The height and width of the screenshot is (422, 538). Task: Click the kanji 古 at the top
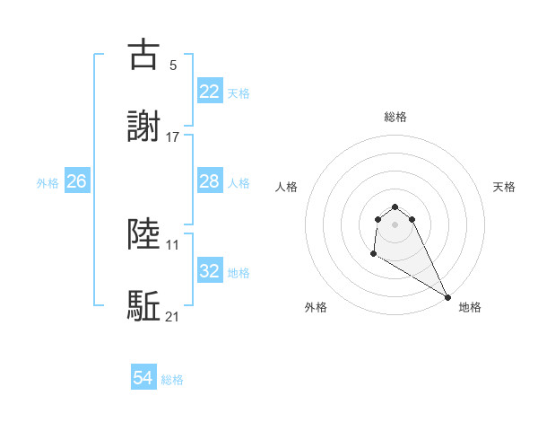tap(144, 55)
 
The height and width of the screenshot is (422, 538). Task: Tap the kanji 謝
tap(144, 127)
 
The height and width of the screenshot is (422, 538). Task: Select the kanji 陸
tap(144, 234)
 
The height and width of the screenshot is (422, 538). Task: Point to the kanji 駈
tap(144, 306)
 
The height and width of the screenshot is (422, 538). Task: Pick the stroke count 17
tap(173, 136)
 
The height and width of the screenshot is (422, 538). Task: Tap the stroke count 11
tap(173, 244)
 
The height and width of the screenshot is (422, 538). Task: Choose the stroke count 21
tap(173, 316)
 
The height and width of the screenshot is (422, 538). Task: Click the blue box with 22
tap(209, 91)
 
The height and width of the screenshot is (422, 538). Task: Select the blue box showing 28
tap(209, 181)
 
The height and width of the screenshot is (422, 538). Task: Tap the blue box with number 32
tap(209, 270)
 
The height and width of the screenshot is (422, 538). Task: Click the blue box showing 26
tap(76, 181)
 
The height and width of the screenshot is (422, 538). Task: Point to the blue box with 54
tap(143, 378)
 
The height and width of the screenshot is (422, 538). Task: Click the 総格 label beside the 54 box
tap(172, 380)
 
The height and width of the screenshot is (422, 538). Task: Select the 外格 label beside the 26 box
tap(48, 183)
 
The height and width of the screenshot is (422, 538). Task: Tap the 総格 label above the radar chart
tap(395, 117)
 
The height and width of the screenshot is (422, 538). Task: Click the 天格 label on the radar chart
tap(504, 187)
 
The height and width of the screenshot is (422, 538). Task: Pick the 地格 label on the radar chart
tap(470, 307)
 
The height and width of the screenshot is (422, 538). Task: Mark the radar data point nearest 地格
tap(447, 297)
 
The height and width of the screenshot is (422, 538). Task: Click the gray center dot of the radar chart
tap(395, 224)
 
